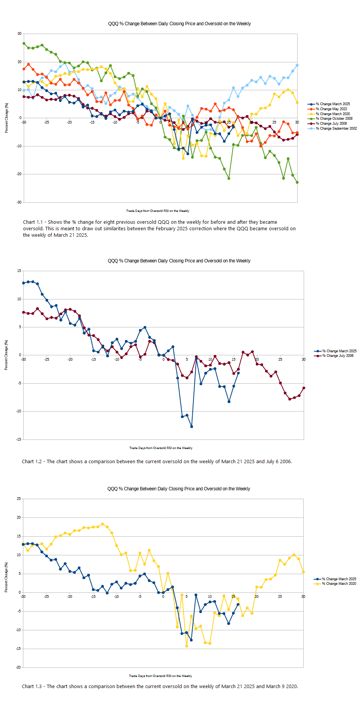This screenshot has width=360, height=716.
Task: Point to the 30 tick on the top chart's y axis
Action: coord(20,34)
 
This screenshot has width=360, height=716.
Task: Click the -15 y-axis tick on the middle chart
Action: coord(19,439)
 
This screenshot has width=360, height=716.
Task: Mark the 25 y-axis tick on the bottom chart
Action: coord(19,499)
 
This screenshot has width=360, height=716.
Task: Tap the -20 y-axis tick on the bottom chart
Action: coord(18,667)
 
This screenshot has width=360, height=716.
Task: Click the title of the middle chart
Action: coord(179,261)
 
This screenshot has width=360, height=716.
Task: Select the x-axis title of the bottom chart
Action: coord(160,676)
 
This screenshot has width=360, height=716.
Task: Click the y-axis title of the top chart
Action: coord(7,118)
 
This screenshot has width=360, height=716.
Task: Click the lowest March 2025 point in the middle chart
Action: coord(191,426)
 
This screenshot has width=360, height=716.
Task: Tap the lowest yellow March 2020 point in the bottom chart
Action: coord(187,646)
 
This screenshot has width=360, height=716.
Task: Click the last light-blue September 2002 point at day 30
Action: coord(297,65)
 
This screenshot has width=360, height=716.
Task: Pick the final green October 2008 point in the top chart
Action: coord(297,182)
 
